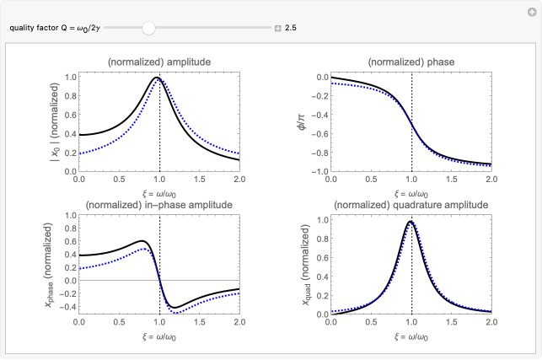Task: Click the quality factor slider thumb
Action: tap(149, 28)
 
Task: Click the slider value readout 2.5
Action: tap(291, 28)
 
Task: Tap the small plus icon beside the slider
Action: tap(277, 29)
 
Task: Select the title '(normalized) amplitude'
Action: tap(158, 62)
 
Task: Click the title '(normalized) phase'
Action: tap(411, 62)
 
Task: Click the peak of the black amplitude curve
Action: tap(156, 78)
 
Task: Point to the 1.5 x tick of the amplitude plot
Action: tap(199, 180)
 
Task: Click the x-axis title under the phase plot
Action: tap(411, 192)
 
